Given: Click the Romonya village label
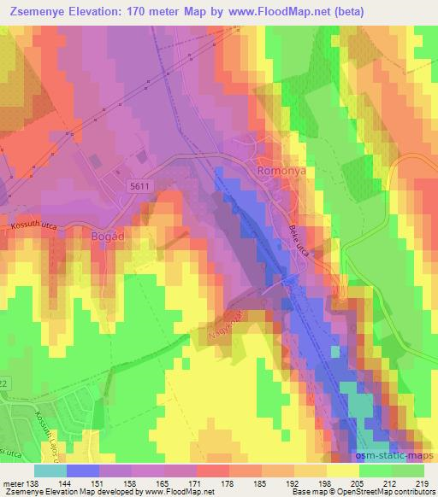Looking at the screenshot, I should (x=281, y=172).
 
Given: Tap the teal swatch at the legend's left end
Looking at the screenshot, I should (x=50, y=471).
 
